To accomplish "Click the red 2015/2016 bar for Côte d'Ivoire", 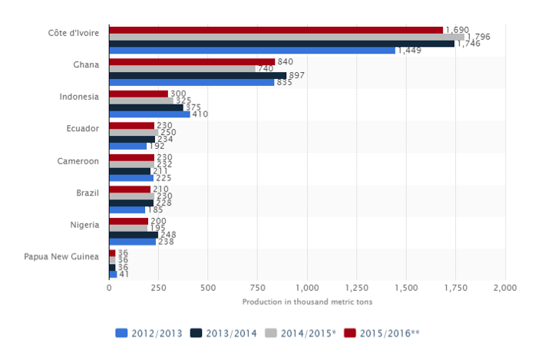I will click(x=276, y=30).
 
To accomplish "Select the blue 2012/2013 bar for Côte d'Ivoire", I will click(x=253, y=51).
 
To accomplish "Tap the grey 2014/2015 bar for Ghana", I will click(x=182, y=68).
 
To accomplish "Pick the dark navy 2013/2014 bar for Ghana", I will click(x=197, y=75).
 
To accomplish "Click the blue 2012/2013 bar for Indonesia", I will click(x=150, y=114).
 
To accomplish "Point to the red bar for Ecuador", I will click(x=132, y=125).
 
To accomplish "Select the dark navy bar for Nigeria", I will click(x=134, y=235).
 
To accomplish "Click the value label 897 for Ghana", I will click(x=296, y=75).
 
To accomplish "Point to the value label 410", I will click(x=200, y=114).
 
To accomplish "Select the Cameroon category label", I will click(x=78, y=161).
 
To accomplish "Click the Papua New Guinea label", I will click(x=64, y=256).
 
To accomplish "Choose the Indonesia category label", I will click(x=79, y=97).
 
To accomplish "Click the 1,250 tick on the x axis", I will click(x=356, y=287).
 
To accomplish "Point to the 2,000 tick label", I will click(x=504, y=287).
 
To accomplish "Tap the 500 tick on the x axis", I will click(x=208, y=287).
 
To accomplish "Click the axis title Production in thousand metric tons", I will click(x=306, y=302).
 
